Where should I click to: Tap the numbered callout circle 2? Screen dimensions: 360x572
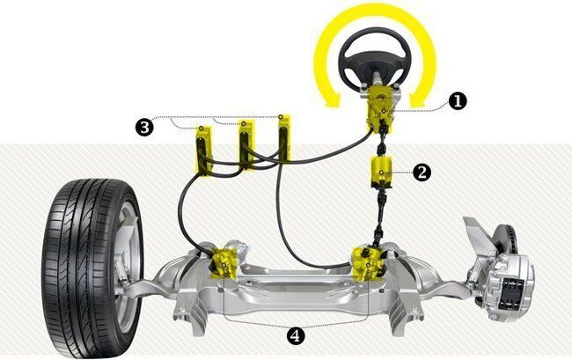(422, 172)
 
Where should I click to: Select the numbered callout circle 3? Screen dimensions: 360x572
(144, 128)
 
